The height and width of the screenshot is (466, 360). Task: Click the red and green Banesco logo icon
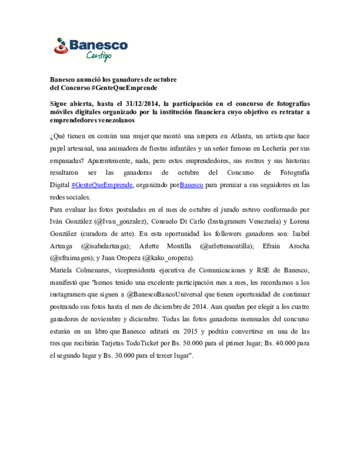[61, 46]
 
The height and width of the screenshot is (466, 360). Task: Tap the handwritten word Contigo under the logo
[99, 56]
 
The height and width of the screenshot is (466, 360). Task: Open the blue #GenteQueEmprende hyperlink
[102, 185]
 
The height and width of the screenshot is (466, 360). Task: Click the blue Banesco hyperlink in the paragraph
[191, 185]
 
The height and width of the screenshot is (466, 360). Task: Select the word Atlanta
[241, 136]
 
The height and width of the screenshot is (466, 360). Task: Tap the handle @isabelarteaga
[106, 246]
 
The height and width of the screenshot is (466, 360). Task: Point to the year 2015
[190, 331]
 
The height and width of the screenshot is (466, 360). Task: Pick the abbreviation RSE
[263, 270]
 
